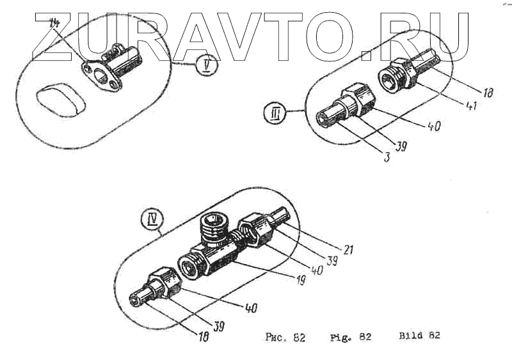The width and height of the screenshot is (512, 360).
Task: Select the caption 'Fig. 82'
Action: click(350, 337)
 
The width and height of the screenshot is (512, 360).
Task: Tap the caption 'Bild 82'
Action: click(419, 336)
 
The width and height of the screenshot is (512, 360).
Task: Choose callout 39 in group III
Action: click(402, 146)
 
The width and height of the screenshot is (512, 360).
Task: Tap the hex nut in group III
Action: click(355, 100)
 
